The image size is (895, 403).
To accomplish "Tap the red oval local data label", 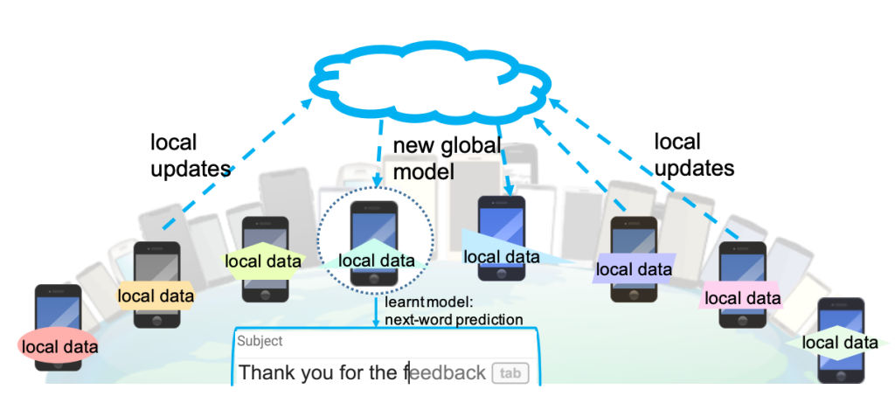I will (x=59, y=346).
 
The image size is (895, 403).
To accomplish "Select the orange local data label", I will (x=155, y=295).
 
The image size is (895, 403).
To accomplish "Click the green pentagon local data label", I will (x=263, y=261).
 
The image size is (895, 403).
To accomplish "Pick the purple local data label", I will (x=634, y=269).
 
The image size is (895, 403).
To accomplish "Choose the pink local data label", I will (x=742, y=298).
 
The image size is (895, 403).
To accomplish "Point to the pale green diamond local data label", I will (x=839, y=343).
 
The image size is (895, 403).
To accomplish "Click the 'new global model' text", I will (x=447, y=158).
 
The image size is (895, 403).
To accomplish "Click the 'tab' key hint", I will (x=510, y=373).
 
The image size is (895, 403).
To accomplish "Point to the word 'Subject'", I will (x=260, y=342).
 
